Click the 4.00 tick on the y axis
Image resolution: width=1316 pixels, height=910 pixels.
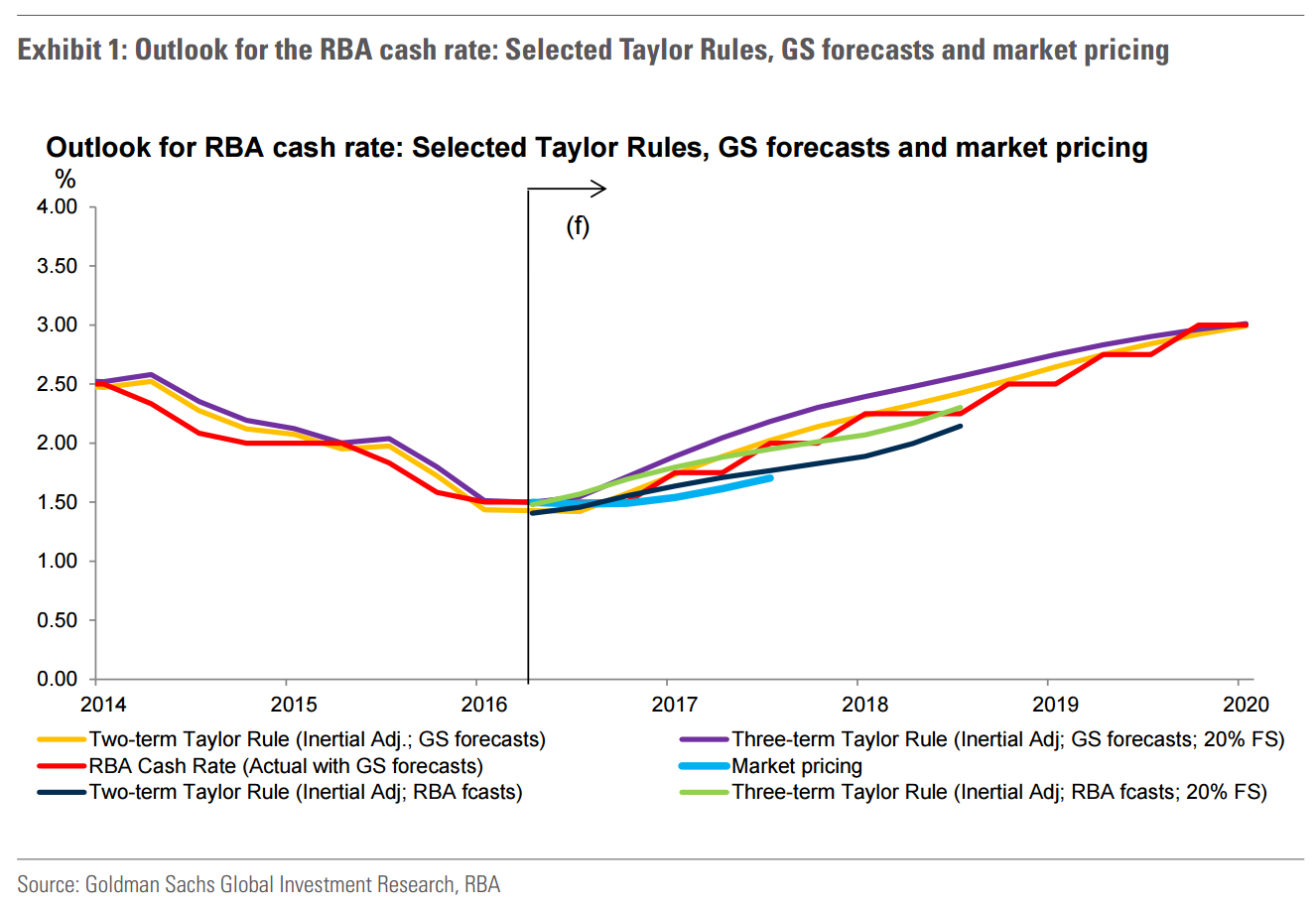coord(58,206)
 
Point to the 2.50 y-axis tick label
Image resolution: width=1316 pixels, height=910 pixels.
coord(58,384)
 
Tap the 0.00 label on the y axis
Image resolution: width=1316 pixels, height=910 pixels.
coord(58,679)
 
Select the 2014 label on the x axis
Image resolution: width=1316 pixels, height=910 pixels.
coord(103,705)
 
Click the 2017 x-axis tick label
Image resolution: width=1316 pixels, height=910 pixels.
coord(675,705)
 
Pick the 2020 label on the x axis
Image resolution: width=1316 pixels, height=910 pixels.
coord(1246,705)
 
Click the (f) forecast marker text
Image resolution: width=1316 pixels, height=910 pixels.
coord(578,226)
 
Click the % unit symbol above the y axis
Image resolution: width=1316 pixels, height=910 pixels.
coord(66,179)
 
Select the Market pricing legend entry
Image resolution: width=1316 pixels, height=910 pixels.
coord(797,766)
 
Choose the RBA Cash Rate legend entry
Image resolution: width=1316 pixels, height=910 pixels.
coord(286,766)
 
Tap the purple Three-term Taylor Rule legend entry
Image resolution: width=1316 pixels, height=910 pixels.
coord(1007,739)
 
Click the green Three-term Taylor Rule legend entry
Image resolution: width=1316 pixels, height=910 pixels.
coord(999,792)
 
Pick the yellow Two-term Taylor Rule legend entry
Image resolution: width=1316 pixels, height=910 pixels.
coord(317,739)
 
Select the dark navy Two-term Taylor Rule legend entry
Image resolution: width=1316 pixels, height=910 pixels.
coord(305,792)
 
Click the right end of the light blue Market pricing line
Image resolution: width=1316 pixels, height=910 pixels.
coord(770,477)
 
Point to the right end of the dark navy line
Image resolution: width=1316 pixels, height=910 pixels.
coord(960,427)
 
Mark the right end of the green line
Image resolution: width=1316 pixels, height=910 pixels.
coord(960,408)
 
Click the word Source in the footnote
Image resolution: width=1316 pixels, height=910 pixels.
coord(46,883)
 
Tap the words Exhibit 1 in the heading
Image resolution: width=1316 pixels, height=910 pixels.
coord(66,50)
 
